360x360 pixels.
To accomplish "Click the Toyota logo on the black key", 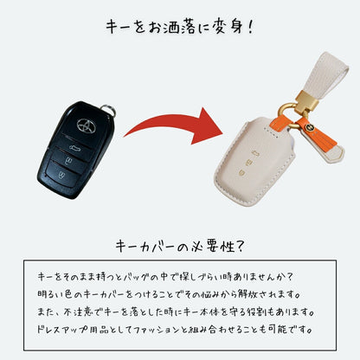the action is (x=87, y=126).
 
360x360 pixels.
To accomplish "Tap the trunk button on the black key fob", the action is (x=75, y=146).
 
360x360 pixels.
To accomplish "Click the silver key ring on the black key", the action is (x=109, y=110).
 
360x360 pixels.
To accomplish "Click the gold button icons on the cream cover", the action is (x=248, y=164).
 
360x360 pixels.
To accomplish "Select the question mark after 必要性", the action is (x=240, y=246).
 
